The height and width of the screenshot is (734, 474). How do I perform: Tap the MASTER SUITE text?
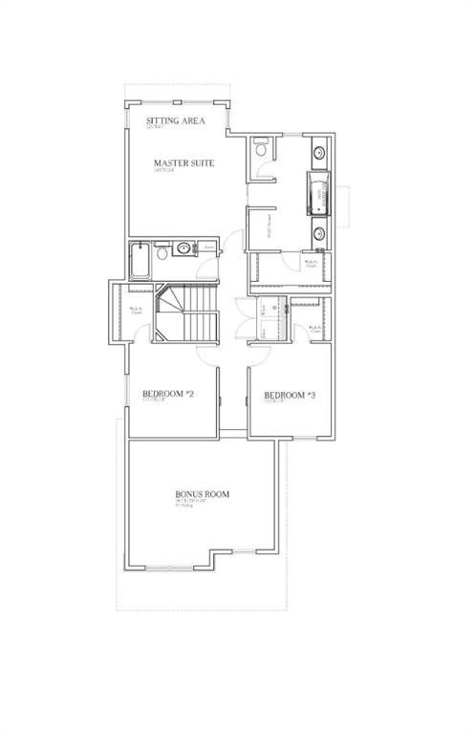click(x=183, y=163)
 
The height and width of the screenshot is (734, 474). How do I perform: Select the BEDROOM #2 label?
click(x=169, y=394)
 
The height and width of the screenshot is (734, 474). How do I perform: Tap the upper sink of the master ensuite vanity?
click(x=317, y=152)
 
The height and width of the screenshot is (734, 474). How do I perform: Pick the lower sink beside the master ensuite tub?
click(x=317, y=233)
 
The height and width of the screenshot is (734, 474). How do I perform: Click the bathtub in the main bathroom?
click(x=140, y=259)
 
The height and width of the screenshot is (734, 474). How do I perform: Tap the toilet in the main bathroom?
click(x=162, y=253)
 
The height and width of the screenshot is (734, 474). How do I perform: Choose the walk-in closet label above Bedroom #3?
click(x=314, y=329)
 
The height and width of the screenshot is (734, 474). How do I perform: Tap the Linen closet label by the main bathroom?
click(x=210, y=248)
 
